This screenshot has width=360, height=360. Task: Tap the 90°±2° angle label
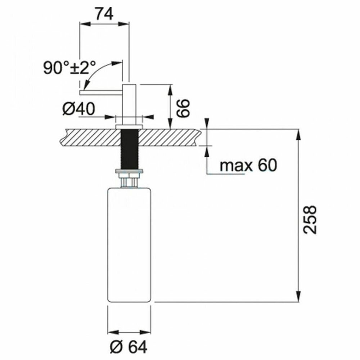point(69,68)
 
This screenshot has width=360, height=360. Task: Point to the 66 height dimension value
point(183,109)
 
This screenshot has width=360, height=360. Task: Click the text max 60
point(248,165)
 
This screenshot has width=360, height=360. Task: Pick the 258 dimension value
point(310,220)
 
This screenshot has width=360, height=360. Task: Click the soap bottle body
point(129,245)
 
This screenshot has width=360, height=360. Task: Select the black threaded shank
point(129,149)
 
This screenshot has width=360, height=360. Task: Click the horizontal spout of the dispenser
point(101,93)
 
